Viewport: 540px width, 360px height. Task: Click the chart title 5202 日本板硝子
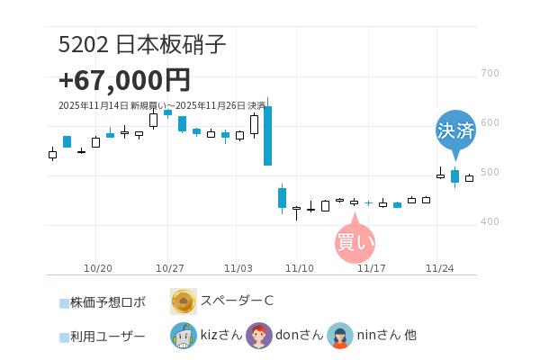[x=142, y=44]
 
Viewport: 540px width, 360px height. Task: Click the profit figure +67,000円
[x=124, y=80]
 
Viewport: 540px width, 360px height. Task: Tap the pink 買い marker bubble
[x=355, y=241]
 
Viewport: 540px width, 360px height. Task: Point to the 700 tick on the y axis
[x=490, y=73]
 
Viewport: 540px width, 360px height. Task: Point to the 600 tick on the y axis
[x=490, y=122]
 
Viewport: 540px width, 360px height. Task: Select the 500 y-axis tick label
[x=490, y=172]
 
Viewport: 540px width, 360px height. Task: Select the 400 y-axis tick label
[x=490, y=221]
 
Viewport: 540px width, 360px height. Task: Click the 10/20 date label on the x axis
[x=97, y=268]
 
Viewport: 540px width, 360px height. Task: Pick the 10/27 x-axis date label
[x=169, y=268]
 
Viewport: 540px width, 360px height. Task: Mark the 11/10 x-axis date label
[x=299, y=268]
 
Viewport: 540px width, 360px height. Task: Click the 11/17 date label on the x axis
[x=372, y=268]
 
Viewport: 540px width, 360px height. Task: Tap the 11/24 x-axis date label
[x=439, y=268]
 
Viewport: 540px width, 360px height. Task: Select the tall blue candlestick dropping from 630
[x=267, y=136]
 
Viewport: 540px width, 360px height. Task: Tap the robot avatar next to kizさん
[x=184, y=336]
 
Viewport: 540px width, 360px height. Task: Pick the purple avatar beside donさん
[x=259, y=336]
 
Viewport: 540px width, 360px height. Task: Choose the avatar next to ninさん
[x=340, y=336]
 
